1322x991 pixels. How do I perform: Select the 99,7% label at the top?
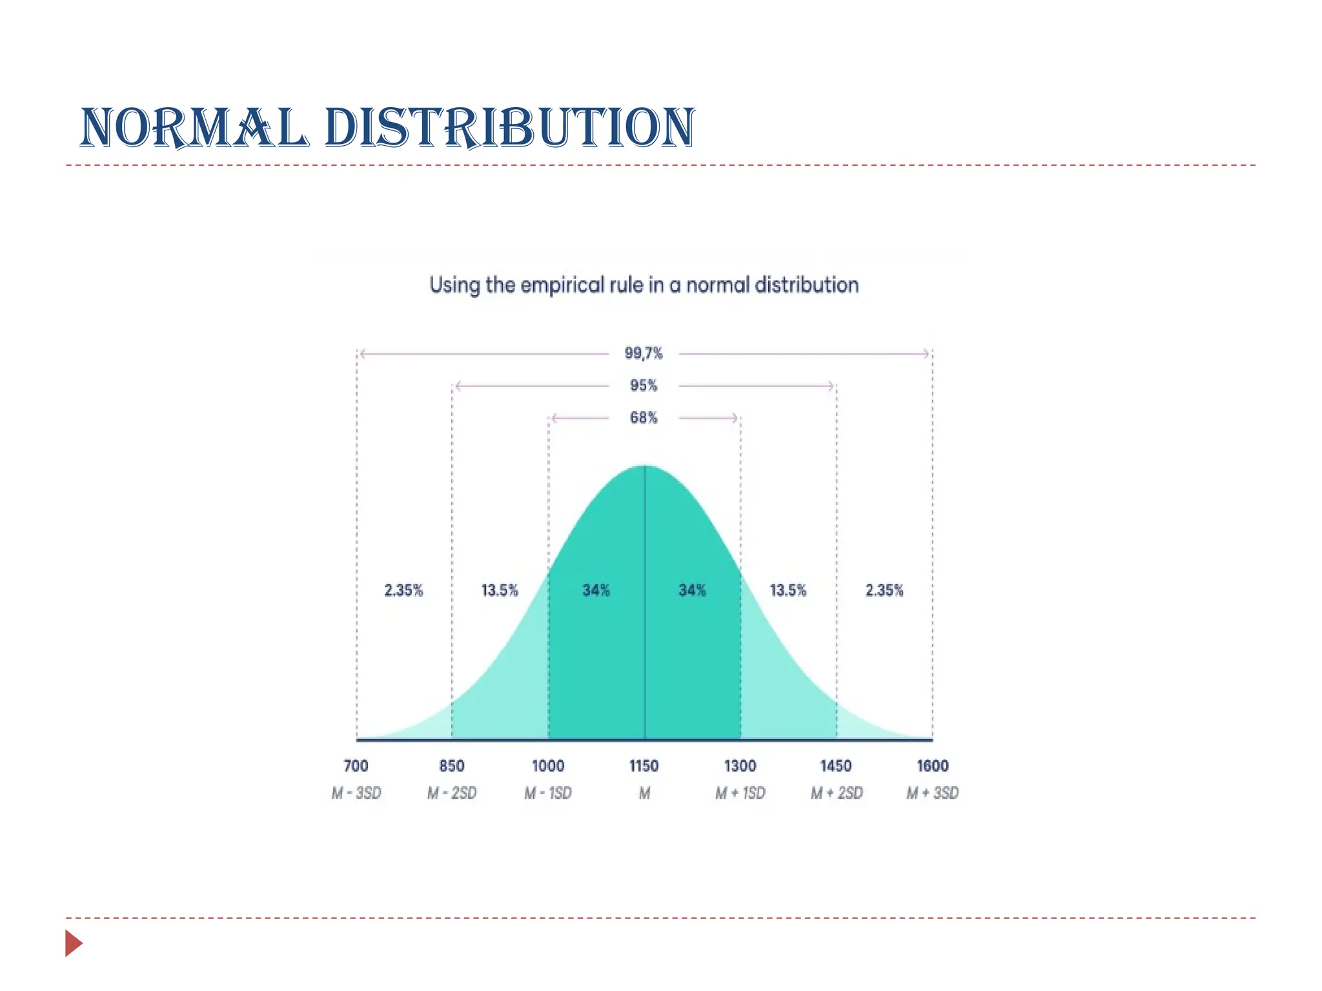tap(644, 353)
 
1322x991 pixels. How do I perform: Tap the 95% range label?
tap(644, 385)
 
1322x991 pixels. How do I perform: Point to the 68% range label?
tap(644, 417)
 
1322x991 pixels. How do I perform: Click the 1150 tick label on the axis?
tap(644, 766)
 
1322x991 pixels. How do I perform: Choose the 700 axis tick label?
tap(356, 766)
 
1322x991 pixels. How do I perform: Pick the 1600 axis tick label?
tap(933, 766)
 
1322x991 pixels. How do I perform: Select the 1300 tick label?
tap(740, 766)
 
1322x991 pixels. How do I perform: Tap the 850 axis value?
tap(452, 766)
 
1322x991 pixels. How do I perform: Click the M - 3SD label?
tap(356, 793)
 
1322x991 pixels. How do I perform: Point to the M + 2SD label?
tap(837, 793)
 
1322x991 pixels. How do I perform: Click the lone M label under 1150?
tap(644, 793)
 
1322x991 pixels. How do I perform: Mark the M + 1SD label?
tap(740, 793)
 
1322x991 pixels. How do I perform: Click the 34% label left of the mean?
tap(596, 590)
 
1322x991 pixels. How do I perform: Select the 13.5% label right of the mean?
tap(788, 590)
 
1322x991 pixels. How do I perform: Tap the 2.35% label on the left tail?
tap(403, 590)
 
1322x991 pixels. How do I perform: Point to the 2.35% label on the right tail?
tap(884, 590)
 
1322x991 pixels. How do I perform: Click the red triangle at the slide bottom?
tap(73, 943)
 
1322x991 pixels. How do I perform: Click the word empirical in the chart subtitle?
tap(562, 285)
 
